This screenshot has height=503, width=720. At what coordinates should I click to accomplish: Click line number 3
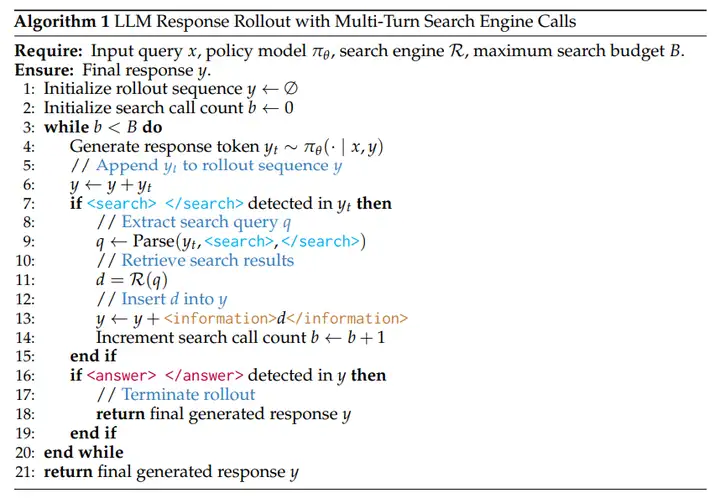(x=29, y=127)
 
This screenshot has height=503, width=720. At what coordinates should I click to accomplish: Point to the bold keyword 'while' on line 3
(x=66, y=127)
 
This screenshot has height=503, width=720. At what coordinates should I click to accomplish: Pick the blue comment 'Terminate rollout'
(x=188, y=394)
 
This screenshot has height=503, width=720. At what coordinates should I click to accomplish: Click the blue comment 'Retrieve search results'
(x=207, y=260)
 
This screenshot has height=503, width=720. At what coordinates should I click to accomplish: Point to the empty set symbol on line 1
(x=291, y=89)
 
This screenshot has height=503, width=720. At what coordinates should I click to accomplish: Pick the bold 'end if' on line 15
(x=92, y=356)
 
